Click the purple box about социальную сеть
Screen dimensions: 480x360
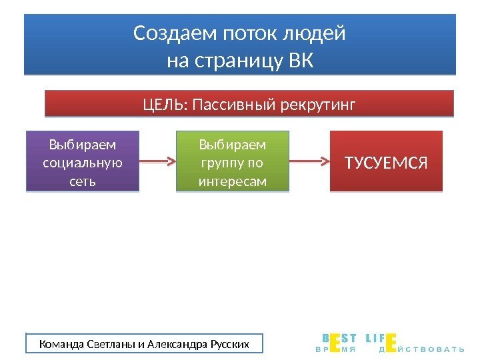tap(83, 162)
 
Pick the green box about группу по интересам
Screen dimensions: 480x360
tap(233, 162)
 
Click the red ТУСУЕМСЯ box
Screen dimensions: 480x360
tap(386, 162)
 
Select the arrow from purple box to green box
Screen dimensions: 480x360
tap(157, 161)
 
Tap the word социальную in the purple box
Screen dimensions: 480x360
tap(83, 163)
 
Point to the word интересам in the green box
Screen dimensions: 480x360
tap(233, 181)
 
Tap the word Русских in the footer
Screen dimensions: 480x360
tap(229, 344)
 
